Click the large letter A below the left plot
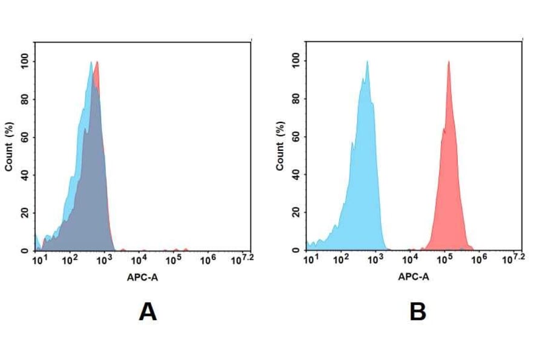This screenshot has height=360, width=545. click(147, 312)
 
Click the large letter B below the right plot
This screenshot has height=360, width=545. click(418, 312)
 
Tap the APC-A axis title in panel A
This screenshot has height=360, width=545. click(142, 277)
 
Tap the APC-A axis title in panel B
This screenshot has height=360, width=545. click(414, 277)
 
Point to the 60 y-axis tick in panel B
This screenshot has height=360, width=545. click(296, 137)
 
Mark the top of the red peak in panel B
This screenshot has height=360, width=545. click(448, 62)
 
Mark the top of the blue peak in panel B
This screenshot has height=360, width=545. click(366, 62)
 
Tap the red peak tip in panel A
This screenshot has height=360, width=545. click(96, 62)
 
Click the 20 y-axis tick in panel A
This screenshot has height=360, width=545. click(25, 213)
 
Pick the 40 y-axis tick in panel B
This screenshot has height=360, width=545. click(296, 175)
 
